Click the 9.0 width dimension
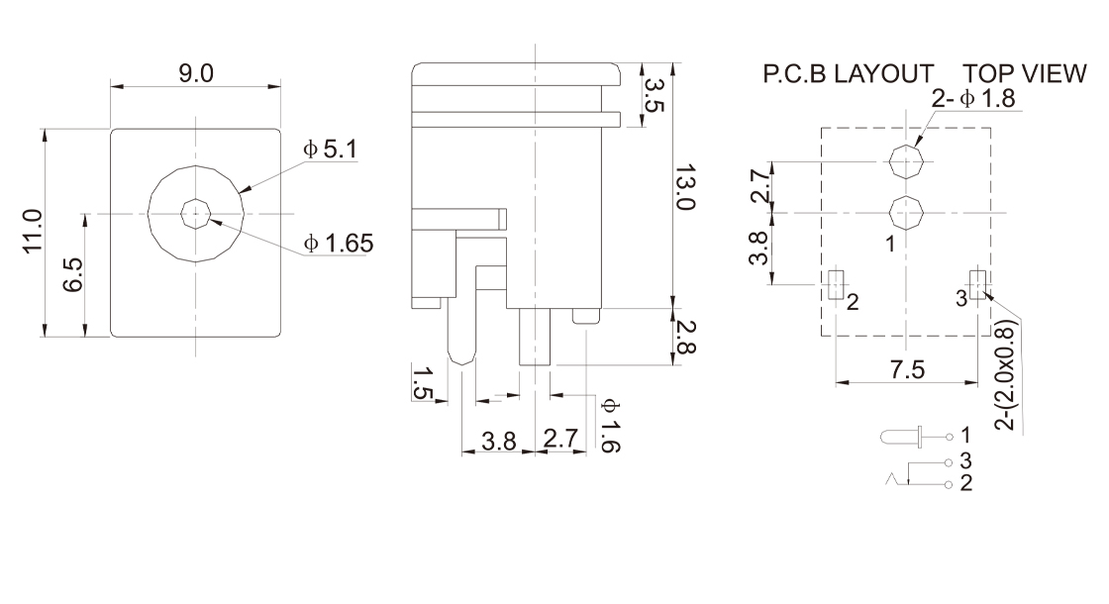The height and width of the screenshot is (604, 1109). point(196,74)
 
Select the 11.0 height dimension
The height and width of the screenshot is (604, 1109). point(33,232)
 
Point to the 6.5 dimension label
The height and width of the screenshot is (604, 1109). point(71,274)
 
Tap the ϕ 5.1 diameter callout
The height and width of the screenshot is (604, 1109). point(331,150)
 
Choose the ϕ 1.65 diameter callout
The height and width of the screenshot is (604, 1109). point(339,243)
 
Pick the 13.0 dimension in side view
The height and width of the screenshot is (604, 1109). point(685,189)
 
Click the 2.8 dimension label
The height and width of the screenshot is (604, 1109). point(685,337)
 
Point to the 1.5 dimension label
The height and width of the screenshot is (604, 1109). point(422,383)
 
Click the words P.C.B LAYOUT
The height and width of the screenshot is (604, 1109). point(848,76)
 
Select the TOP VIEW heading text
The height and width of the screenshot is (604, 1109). point(1024,76)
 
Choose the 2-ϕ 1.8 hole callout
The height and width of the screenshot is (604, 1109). point(973,99)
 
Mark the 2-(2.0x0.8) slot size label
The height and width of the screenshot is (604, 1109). point(1007,374)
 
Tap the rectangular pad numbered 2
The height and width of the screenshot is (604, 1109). point(835,285)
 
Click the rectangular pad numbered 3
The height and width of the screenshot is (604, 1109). point(978,285)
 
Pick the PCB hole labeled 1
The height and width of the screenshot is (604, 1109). point(906,213)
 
